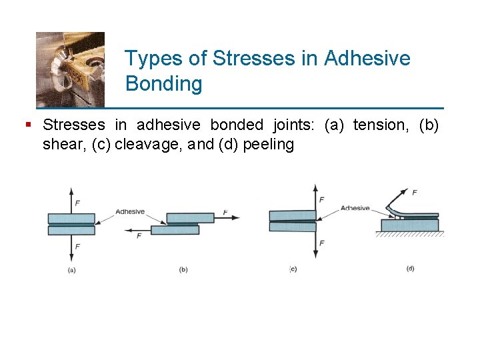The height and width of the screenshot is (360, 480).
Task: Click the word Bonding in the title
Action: pos(163,85)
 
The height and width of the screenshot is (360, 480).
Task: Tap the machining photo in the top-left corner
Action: pos(70,69)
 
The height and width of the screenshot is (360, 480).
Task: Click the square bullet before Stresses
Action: pos(27,124)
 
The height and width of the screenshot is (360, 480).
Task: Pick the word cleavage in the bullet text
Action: pos(149,145)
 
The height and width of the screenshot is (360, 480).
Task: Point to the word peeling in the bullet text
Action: pos(269,145)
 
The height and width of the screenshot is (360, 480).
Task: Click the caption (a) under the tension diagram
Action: pos(71,269)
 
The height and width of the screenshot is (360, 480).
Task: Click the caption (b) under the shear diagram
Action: pos(183,269)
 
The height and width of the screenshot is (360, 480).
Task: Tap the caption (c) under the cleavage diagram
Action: pos(293,269)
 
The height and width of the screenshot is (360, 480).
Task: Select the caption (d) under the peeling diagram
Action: pos(410,269)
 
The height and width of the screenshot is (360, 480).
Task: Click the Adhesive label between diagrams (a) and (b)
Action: pos(130,211)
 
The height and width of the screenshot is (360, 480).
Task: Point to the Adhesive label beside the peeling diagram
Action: pos(355,208)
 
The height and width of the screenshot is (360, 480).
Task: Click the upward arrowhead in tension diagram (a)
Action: pos(71,190)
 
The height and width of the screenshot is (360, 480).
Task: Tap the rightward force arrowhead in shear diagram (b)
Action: pos(236,217)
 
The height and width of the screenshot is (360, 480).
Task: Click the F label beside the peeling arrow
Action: pos(415,193)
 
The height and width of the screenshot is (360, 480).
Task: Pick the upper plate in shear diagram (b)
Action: pos(190,218)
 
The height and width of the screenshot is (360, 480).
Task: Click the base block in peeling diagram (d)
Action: pos(411,225)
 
